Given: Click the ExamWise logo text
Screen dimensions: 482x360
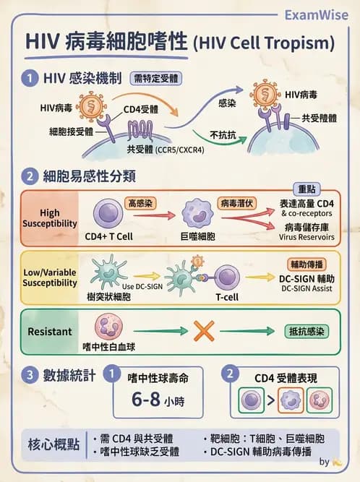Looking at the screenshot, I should coord(315,14).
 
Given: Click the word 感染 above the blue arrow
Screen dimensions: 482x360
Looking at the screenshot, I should coord(227,104).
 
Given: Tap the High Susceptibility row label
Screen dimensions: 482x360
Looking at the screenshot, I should coord(49,218).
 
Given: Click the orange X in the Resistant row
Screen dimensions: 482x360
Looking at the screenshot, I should coord(203,331).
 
